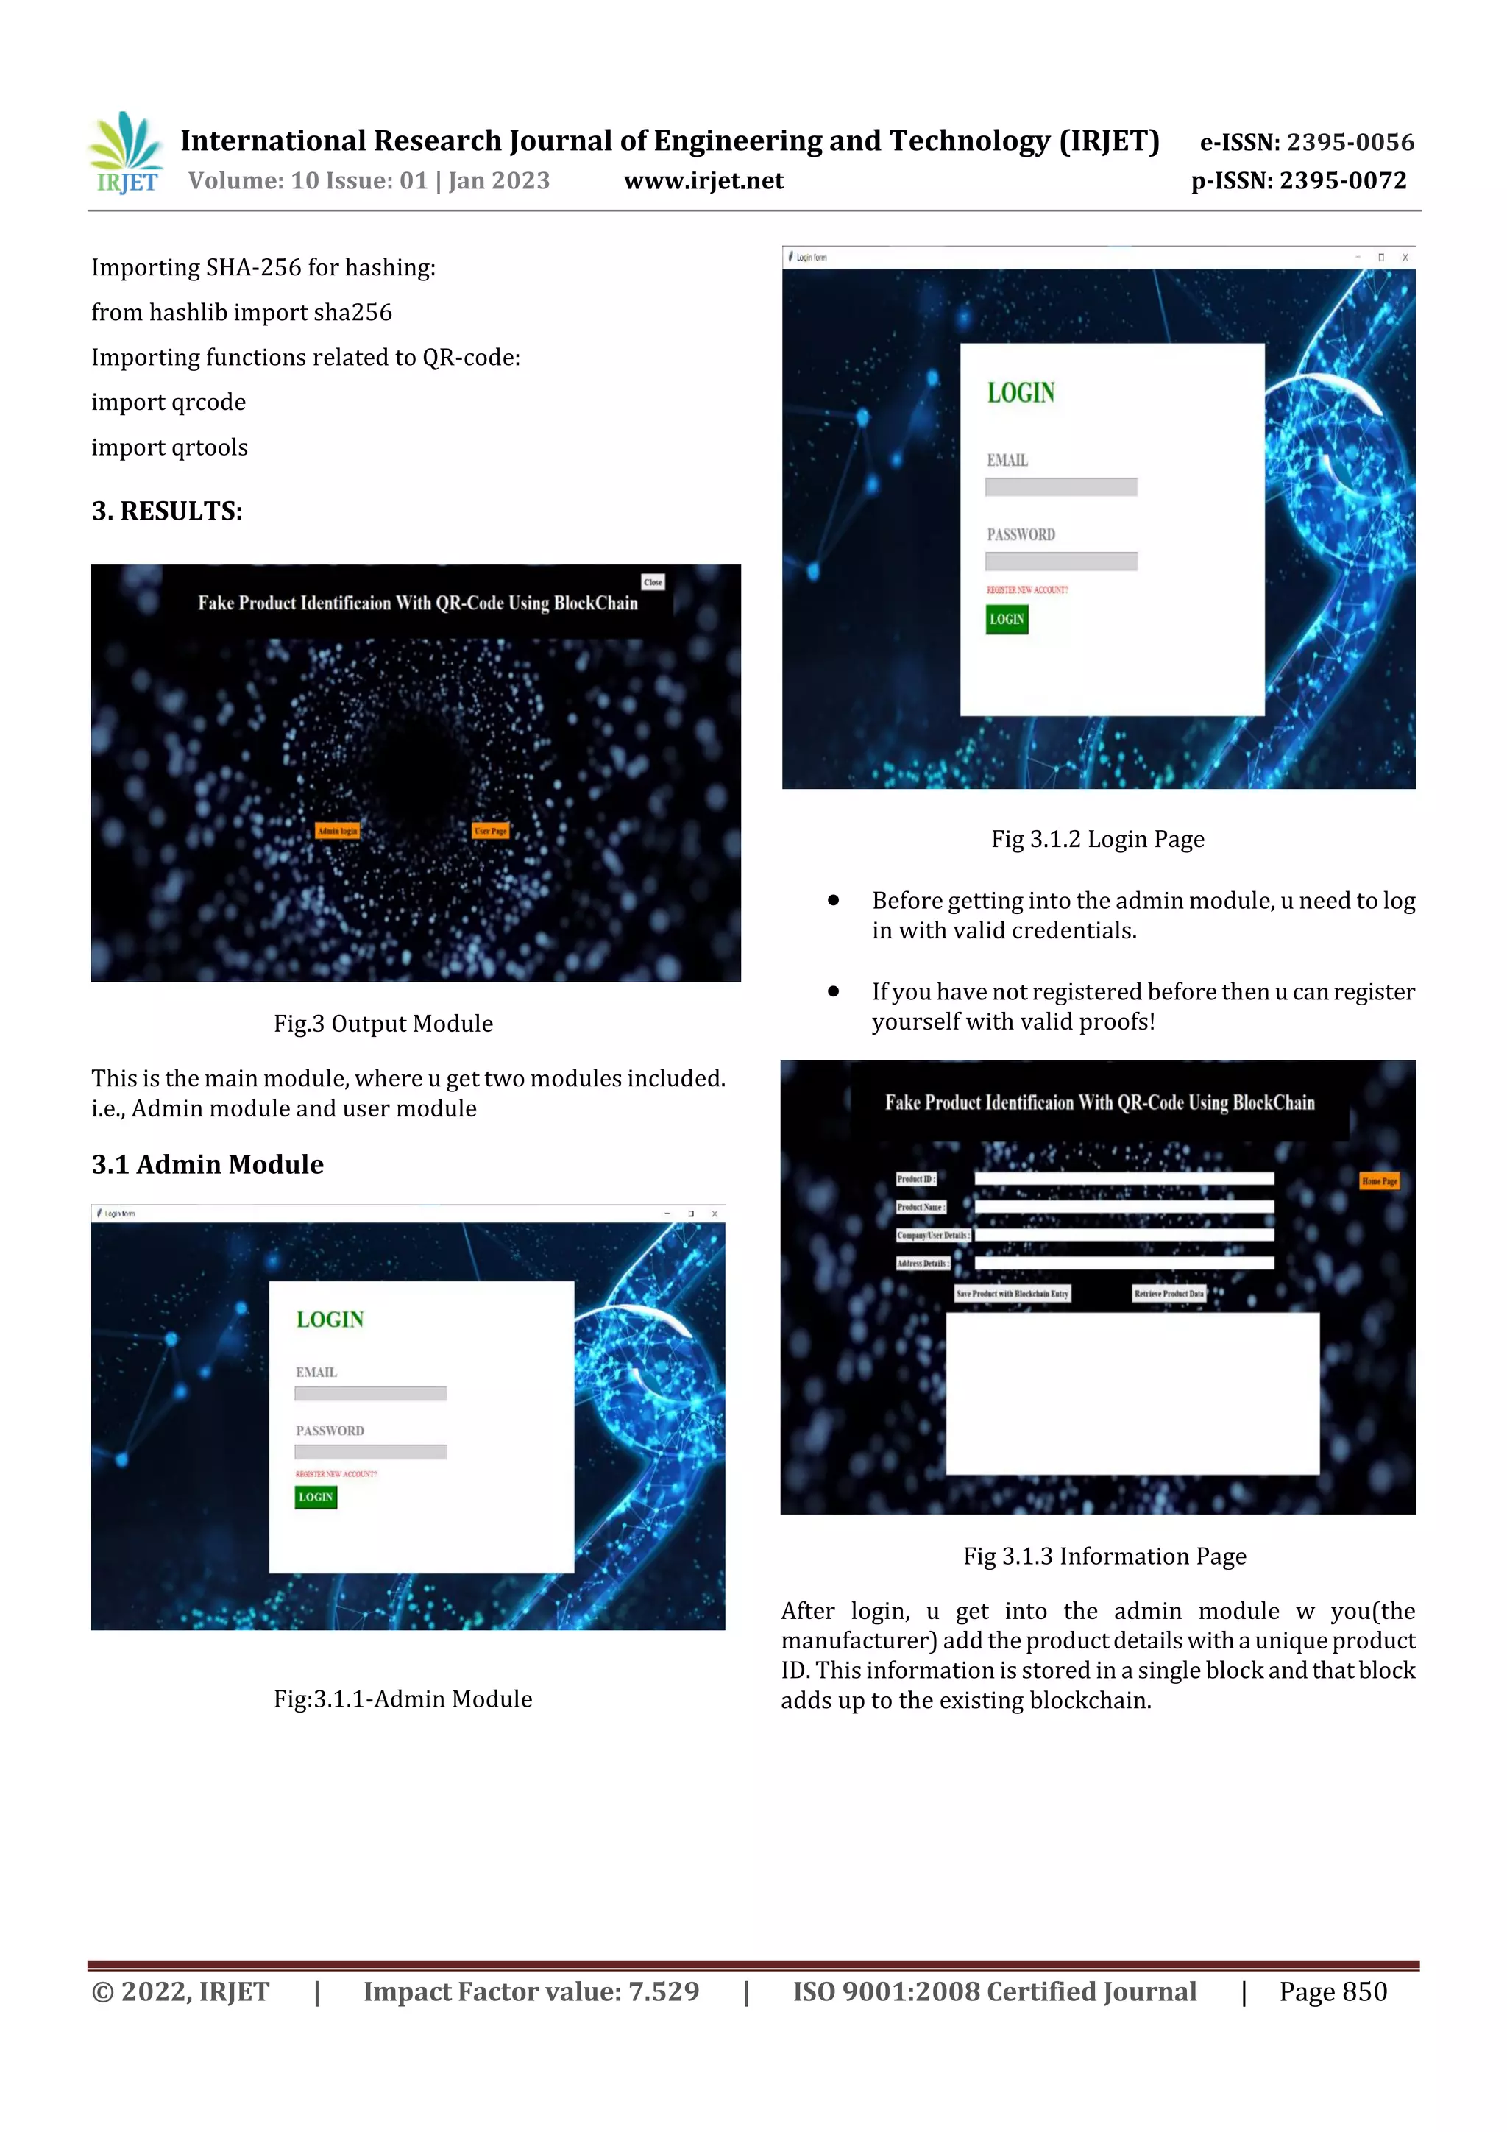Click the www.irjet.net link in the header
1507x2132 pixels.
[703, 180]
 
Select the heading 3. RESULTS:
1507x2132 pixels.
[167, 511]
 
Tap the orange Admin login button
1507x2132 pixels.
[337, 831]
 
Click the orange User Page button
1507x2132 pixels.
[490, 831]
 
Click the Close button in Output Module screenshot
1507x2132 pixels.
[653, 582]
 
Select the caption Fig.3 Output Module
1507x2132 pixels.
[383, 1023]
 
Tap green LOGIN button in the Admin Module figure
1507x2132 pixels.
[316, 1497]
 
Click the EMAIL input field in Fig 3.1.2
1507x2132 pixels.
[1060, 486]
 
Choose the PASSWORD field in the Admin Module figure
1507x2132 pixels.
[370, 1451]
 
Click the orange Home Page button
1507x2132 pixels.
[1379, 1181]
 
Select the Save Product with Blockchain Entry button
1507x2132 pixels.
[1012, 1294]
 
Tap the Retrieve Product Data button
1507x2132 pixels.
[1168, 1294]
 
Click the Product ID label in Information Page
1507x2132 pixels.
[915, 1179]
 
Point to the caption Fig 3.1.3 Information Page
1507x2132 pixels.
[1104, 1556]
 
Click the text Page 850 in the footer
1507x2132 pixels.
[1333, 1991]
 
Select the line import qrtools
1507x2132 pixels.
[170, 447]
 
